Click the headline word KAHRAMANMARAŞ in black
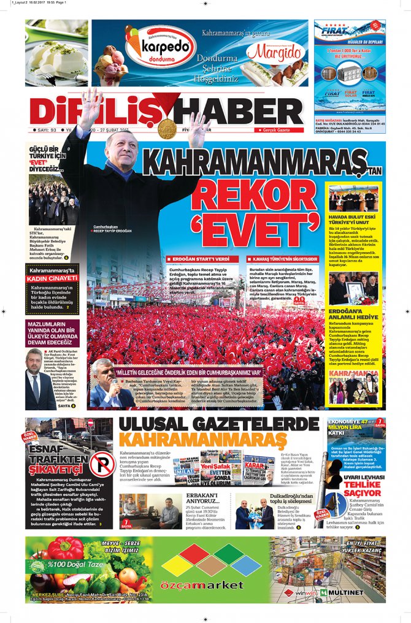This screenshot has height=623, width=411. [255, 164]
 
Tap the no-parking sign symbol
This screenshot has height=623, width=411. [101, 463]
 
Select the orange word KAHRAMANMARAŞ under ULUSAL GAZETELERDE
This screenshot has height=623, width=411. [202, 440]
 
